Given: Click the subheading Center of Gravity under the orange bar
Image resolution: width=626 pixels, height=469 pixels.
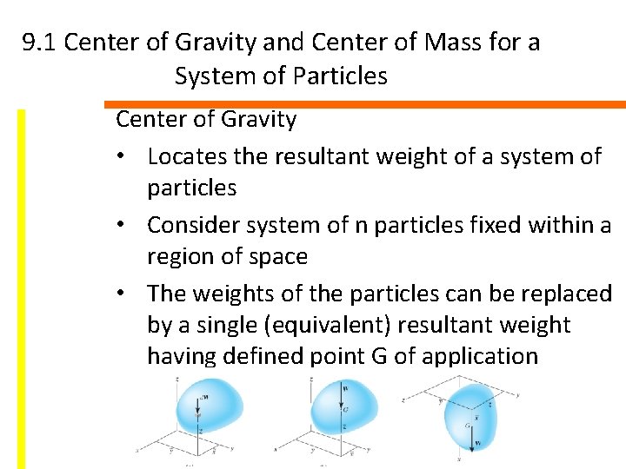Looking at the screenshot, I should [206, 119].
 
